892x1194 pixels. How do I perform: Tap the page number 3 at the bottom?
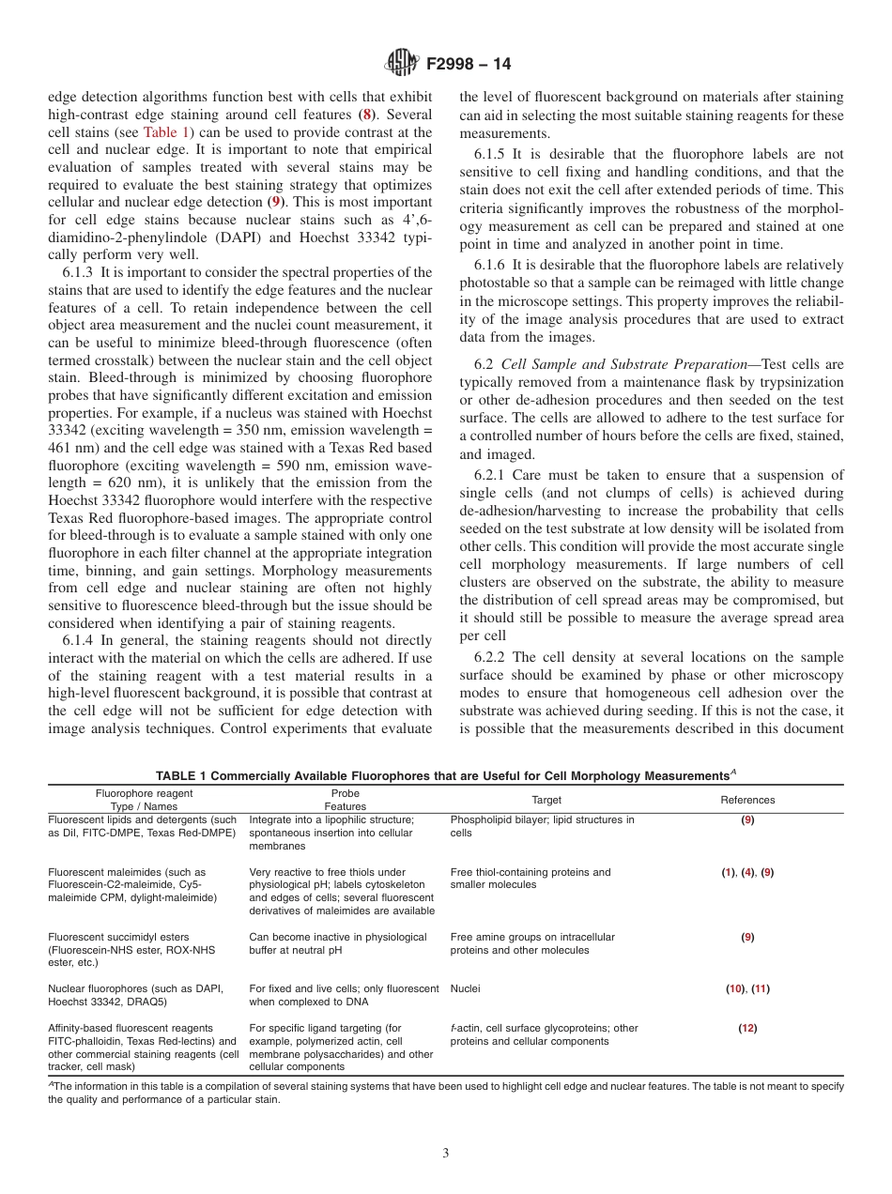coord(446,1154)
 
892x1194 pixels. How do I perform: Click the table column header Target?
coord(546,800)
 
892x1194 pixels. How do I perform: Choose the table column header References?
coord(747,800)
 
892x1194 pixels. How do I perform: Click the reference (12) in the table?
coord(747,1028)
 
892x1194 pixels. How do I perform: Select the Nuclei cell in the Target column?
coord(465,988)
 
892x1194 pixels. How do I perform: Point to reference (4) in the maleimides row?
coord(747,872)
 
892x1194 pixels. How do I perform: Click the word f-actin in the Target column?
coord(469,1028)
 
